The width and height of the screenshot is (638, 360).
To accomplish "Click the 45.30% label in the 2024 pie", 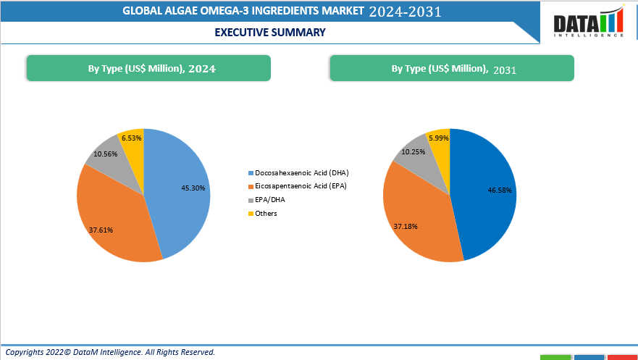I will click(x=193, y=188).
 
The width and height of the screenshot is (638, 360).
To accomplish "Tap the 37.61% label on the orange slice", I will click(x=101, y=230).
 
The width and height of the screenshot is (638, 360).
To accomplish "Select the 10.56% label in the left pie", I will click(x=106, y=154).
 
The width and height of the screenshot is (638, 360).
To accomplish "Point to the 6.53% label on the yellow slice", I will click(x=132, y=138).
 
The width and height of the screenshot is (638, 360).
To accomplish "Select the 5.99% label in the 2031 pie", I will click(x=439, y=138).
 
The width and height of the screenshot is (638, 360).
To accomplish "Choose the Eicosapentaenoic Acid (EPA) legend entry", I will click(x=297, y=187).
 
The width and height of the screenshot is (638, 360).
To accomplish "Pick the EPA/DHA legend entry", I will click(x=270, y=200).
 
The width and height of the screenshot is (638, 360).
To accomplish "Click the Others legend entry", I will click(x=266, y=214).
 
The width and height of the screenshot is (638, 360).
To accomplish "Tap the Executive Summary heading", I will click(x=270, y=32).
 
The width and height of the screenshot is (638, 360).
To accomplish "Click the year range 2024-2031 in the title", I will click(x=405, y=12).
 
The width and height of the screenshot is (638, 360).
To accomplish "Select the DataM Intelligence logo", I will click(x=589, y=22).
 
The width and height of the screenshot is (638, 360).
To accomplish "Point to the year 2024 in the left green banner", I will click(x=202, y=69).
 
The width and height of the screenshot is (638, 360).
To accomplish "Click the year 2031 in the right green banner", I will click(x=505, y=70).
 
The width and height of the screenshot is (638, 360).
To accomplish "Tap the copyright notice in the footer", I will click(x=111, y=352).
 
